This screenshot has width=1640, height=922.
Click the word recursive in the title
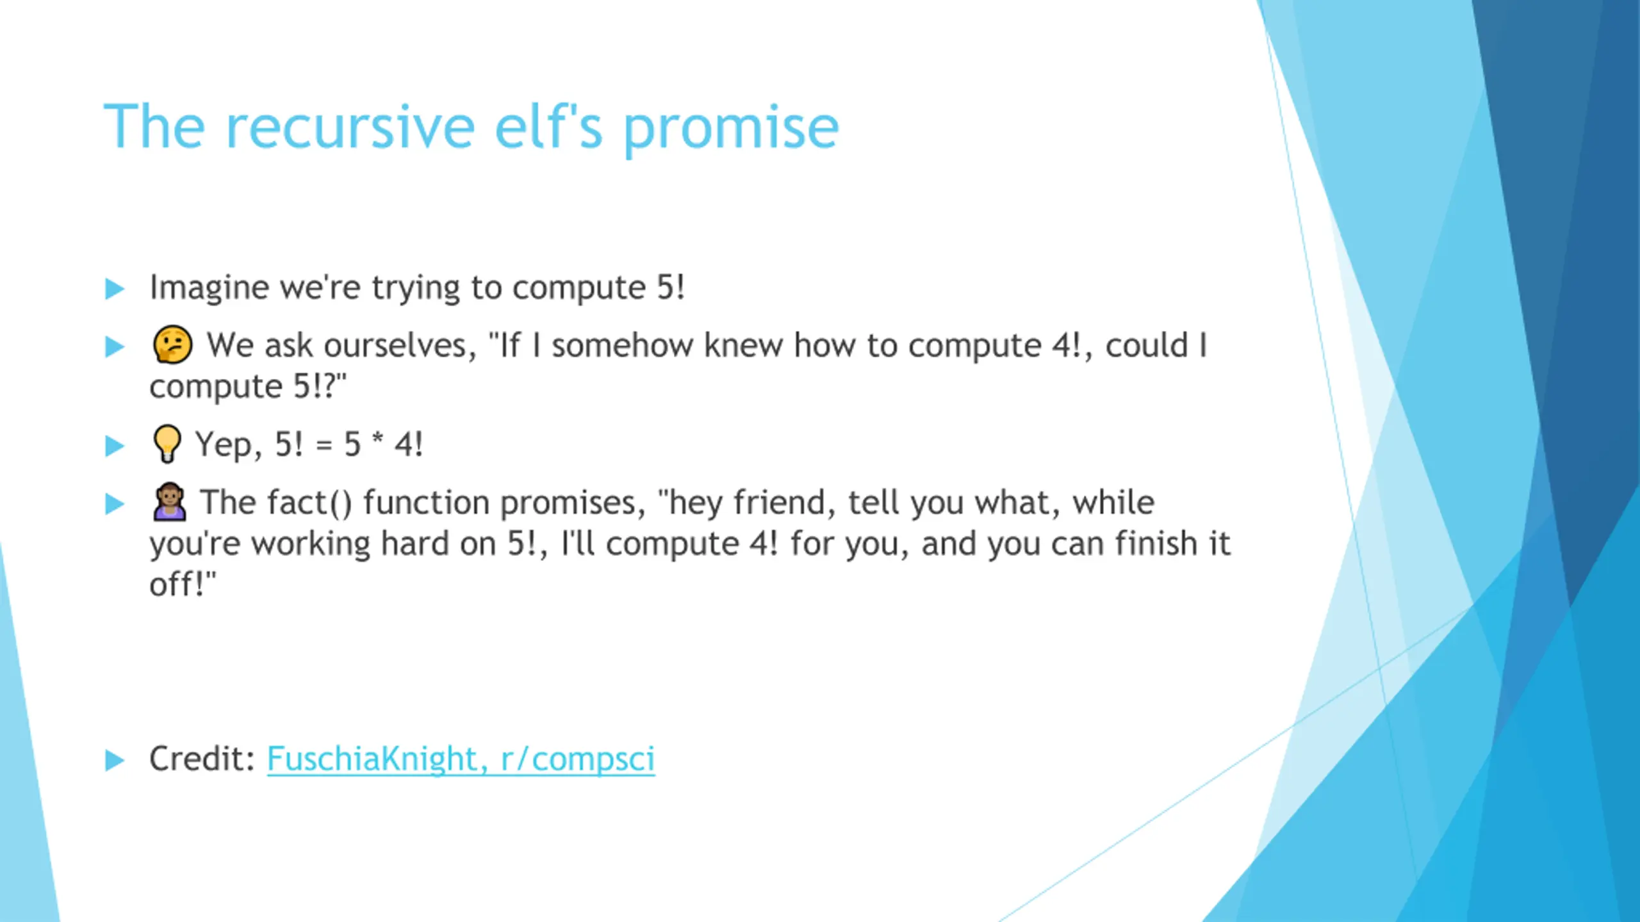[350, 127]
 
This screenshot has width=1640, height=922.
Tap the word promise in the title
[730, 131]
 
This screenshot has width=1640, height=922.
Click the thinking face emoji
[172, 344]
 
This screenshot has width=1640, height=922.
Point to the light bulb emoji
[167, 443]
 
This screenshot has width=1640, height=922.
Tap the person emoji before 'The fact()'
[170, 501]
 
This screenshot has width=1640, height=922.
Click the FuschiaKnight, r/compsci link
[461, 759]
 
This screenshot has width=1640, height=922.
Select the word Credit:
[202, 759]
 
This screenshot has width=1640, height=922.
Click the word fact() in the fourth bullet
[309, 502]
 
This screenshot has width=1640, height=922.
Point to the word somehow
[623, 345]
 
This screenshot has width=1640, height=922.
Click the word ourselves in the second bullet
[400, 346]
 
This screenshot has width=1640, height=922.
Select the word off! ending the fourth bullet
[183, 584]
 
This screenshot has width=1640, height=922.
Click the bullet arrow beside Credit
[114, 760]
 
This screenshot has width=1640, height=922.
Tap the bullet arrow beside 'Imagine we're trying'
[114, 289]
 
